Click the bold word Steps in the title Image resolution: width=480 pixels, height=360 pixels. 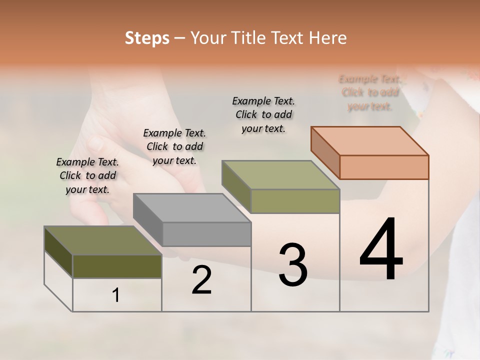click(x=147, y=37)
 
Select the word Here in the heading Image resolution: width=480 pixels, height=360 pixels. click(x=328, y=37)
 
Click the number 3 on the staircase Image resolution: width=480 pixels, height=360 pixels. click(x=292, y=264)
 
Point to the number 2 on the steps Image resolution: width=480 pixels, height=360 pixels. click(x=201, y=280)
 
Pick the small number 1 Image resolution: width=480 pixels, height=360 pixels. click(x=115, y=295)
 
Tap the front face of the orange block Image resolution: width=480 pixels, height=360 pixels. click(x=384, y=167)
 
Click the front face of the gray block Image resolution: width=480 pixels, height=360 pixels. click(x=206, y=234)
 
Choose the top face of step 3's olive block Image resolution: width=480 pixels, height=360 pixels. click(x=281, y=175)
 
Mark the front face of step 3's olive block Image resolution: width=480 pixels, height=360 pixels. click(x=295, y=201)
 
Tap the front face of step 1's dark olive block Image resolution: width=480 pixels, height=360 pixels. click(x=117, y=266)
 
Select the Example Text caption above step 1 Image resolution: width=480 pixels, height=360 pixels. click(x=87, y=175)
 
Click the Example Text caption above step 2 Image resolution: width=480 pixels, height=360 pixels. click(x=174, y=146)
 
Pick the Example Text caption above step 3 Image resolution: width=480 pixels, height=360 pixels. click(x=263, y=114)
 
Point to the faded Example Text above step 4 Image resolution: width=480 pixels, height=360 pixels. click(x=370, y=92)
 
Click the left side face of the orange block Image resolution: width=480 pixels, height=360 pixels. click(x=325, y=152)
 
